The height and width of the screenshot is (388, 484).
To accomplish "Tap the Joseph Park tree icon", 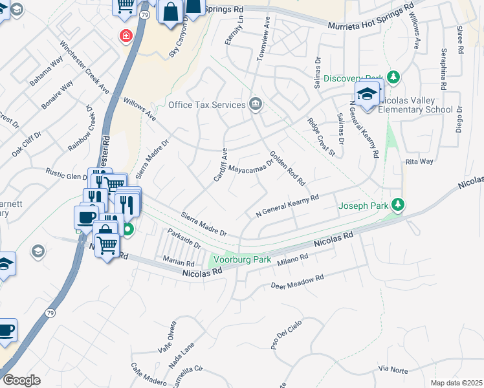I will [399, 206].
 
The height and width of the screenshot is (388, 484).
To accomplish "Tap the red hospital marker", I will [123, 36].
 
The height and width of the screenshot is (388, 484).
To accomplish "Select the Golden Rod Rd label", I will [287, 168].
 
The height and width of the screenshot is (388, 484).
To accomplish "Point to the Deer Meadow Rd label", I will [297, 282].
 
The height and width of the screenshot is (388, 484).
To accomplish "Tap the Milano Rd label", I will [293, 259].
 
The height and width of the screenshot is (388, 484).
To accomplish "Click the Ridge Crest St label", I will [322, 136].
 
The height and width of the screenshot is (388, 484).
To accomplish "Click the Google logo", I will [21, 380].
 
